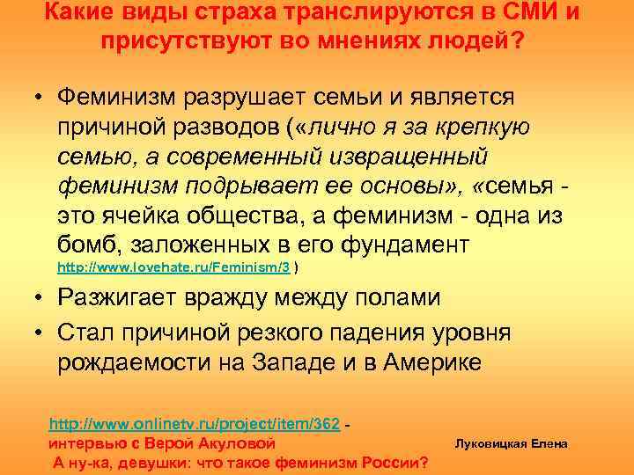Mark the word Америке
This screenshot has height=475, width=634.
(434, 362)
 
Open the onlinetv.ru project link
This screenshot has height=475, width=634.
(195, 424)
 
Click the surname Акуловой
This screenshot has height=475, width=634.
(239, 442)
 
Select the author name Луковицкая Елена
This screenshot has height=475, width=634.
(511, 443)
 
